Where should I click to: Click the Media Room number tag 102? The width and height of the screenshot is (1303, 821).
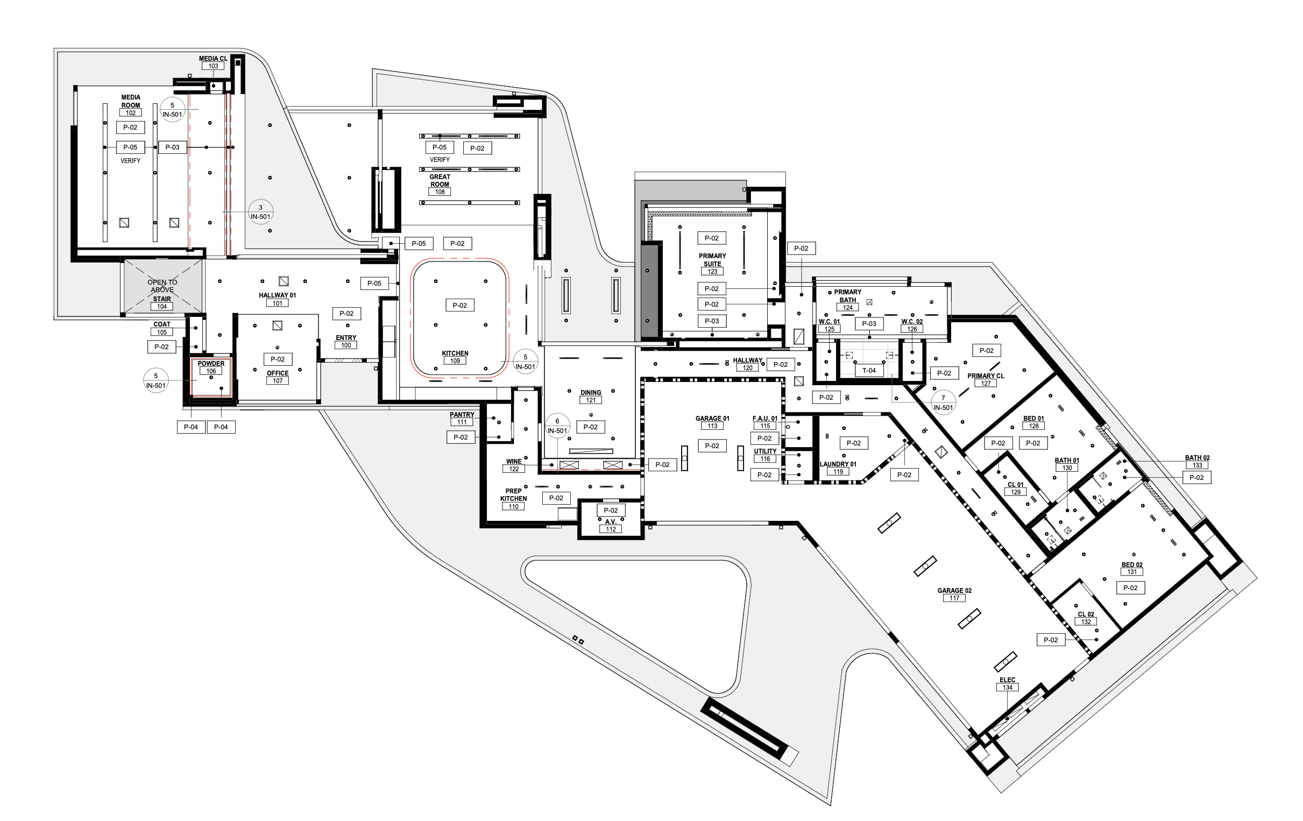coord(130,112)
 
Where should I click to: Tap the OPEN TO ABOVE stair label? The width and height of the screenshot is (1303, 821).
coord(162,286)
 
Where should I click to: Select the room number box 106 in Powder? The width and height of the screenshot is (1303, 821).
coord(211,371)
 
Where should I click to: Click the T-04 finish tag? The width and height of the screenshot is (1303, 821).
coord(868,371)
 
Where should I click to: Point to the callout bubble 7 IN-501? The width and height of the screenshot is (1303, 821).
coord(943,402)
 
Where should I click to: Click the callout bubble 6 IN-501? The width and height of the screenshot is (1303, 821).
coord(557,426)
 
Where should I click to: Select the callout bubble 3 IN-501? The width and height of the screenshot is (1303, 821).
coord(260,212)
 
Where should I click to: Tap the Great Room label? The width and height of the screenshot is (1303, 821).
coord(440,180)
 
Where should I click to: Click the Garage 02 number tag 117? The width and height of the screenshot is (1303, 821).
coord(954,598)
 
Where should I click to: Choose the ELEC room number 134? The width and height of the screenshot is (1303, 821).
coord(1007,688)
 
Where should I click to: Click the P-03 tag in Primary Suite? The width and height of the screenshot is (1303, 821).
coord(712,321)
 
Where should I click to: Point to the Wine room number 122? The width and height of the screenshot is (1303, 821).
coord(514,469)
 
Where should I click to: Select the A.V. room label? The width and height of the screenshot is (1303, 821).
coord(611,522)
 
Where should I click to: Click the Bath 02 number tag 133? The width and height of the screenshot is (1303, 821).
coord(1197,465)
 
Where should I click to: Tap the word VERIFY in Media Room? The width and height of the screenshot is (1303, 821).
coord(130,161)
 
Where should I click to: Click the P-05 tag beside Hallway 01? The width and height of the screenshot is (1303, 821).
coord(374,283)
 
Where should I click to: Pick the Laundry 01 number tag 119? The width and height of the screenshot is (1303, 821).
coord(838,472)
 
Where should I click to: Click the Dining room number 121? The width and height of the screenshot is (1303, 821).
coord(590,400)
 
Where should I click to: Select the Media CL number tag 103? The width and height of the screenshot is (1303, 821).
coord(213,66)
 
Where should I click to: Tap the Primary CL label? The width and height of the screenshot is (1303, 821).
coord(986,376)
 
